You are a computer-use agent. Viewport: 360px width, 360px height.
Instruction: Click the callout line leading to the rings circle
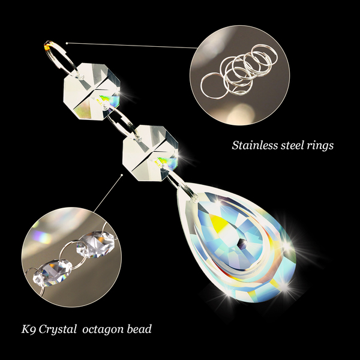click(132, 45)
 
